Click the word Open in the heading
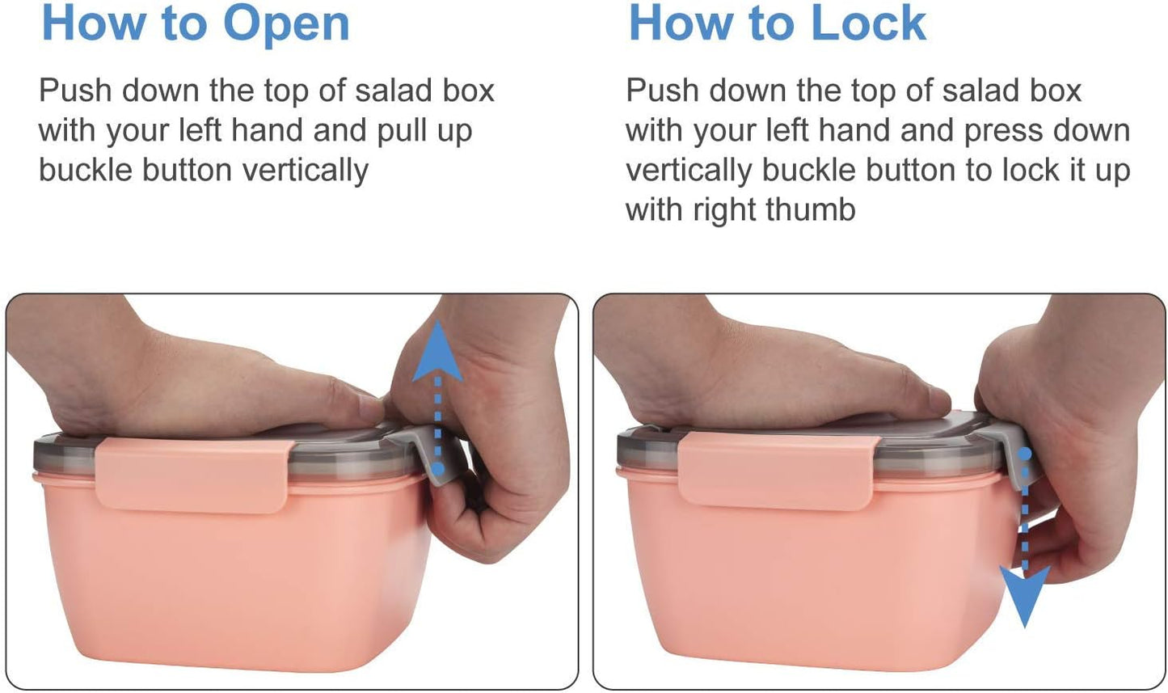(x=286, y=25)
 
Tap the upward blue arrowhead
(x=437, y=351)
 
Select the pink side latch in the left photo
(x=194, y=475)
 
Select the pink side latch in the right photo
(x=778, y=471)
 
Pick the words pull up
(x=424, y=131)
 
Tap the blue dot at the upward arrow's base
(x=439, y=469)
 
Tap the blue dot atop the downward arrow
(x=1025, y=454)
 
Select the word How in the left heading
(x=94, y=23)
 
